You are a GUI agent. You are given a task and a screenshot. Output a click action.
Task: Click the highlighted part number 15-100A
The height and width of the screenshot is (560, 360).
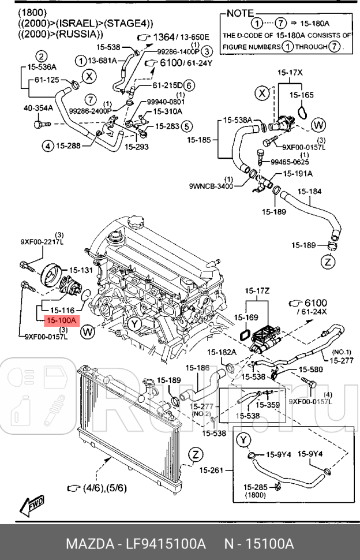[x=60, y=319]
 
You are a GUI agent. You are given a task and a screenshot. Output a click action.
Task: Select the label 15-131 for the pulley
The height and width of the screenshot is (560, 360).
[x=81, y=270]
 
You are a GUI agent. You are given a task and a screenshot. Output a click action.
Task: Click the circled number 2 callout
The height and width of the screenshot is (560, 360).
[x=42, y=56]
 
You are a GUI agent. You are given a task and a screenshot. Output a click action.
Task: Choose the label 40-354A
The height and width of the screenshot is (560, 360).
[x=38, y=108]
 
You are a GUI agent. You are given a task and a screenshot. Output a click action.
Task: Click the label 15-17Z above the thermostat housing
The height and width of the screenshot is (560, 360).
[x=257, y=290]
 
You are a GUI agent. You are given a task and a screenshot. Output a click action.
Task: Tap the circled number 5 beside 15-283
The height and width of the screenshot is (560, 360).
[x=186, y=125]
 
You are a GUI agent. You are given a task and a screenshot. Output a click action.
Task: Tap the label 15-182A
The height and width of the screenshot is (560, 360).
[x=222, y=352]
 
